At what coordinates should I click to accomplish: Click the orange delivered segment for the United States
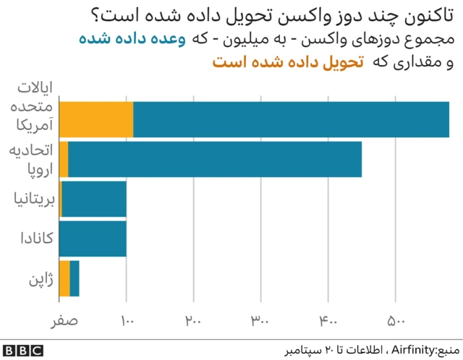[96, 119]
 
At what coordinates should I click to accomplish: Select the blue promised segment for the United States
[291, 119]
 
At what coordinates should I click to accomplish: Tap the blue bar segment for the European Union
[215, 159]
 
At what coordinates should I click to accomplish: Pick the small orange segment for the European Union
[64, 159]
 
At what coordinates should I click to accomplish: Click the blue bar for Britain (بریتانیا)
[94, 199]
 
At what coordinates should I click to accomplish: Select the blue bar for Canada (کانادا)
[93, 239]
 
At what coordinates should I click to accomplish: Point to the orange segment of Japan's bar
[64, 278]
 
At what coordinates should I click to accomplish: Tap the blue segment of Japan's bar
[75, 278]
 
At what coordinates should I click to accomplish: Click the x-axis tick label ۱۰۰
[127, 320]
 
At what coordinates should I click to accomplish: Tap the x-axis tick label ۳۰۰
[260, 320]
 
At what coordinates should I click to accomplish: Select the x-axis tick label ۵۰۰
[395, 320]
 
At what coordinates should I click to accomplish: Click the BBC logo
[22, 350]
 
